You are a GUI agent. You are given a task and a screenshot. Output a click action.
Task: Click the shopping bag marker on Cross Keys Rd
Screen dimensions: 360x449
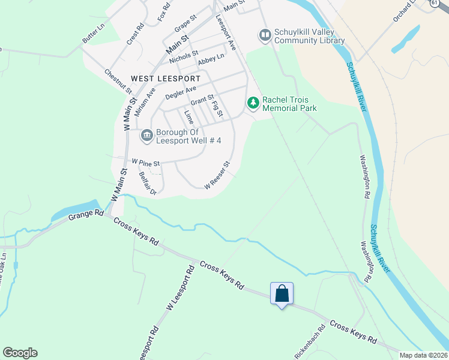[x=282, y=294]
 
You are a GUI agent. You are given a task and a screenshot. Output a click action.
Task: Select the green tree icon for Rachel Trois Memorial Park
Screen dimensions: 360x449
[x=253, y=104]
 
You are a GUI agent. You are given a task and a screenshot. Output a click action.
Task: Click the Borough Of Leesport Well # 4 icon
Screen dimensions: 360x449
[x=146, y=136]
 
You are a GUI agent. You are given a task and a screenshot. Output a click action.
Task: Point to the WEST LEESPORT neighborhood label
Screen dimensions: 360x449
[x=157, y=79]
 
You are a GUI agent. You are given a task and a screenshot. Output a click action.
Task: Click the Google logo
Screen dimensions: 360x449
[x=19, y=353]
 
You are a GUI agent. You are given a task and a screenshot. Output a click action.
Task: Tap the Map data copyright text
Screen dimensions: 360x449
[x=424, y=355]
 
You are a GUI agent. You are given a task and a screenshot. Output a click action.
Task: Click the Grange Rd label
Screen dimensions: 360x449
[x=86, y=214]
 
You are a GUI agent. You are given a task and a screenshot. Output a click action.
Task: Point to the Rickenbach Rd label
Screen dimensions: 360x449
[x=310, y=341]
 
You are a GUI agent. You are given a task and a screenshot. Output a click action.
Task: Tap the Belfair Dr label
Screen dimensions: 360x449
[x=147, y=184]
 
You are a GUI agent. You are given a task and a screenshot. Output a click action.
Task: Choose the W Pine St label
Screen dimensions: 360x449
[x=146, y=163]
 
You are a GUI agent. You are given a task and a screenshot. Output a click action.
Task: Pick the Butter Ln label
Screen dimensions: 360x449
[x=93, y=35]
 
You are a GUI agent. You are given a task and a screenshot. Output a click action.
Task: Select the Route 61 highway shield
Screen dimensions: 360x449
[x=434, y=3]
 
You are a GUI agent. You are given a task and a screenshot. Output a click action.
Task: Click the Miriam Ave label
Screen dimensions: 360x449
[x=145, y=102]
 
